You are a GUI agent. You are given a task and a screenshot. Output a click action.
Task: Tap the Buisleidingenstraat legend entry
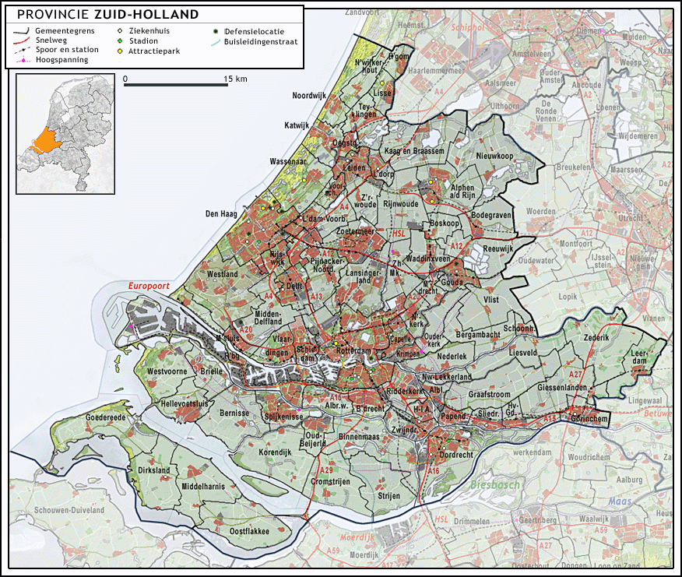260,41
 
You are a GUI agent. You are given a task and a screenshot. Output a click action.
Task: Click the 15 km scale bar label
236,79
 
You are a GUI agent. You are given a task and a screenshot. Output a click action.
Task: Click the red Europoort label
149,286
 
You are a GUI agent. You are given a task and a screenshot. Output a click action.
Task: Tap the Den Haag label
220,213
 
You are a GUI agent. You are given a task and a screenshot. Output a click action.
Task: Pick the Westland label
222,274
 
